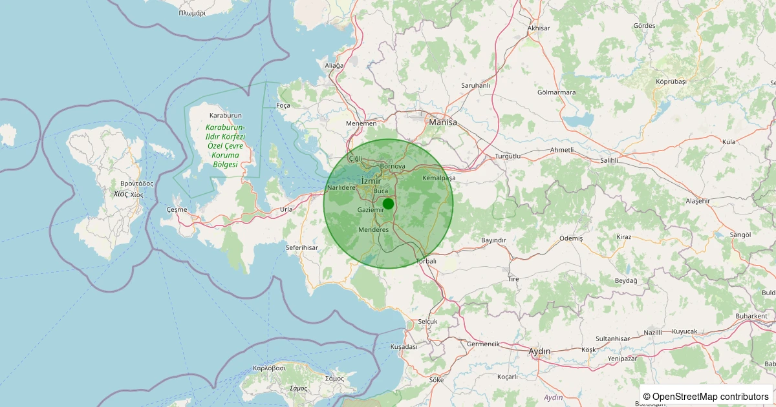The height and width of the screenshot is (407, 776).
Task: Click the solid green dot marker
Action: pos(388,203)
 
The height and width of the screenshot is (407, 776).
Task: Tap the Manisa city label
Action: pos(443,121)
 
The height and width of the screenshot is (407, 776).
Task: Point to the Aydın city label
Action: pos(539,351)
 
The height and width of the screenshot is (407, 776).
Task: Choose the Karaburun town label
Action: pos(225,115)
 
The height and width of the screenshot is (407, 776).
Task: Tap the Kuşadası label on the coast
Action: pos(404,347)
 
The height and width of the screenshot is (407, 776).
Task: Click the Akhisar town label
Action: pos(539,28)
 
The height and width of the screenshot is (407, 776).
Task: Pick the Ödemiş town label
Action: pos(571,238)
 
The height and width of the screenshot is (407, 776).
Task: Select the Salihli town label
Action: pos(609,160)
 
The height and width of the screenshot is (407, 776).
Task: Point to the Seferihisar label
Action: pos(302,247)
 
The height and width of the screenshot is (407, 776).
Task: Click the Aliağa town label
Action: pos(334,65)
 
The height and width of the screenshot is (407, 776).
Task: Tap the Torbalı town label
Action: pos(426,261)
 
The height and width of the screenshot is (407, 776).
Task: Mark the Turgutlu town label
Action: pos(508,157)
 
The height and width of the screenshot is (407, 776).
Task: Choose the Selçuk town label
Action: pos(428,321)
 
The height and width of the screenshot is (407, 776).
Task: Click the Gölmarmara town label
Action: pos(556,92)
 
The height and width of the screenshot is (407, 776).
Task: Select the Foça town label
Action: pos(283,105)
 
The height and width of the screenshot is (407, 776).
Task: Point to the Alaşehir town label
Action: pos(698,201)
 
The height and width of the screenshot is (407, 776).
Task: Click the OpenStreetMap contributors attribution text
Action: pos(706,396)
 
